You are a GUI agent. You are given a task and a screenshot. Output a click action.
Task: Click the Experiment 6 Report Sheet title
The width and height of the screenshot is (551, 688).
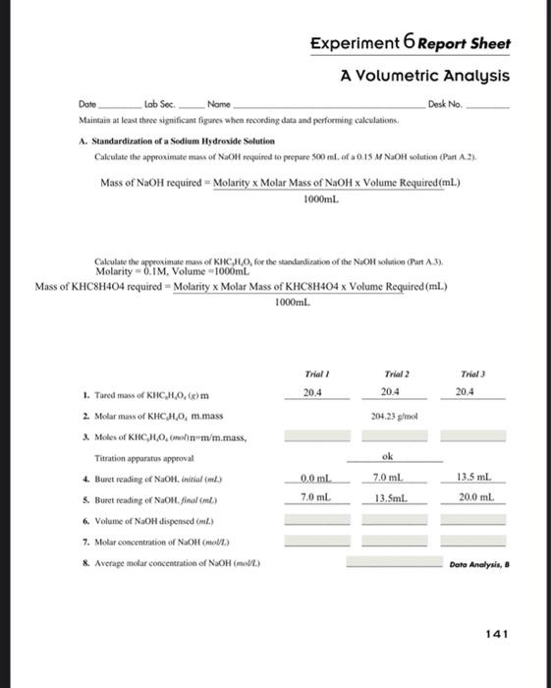pos(410,44)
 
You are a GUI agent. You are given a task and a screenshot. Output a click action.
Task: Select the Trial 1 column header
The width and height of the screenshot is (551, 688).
pos(314,373)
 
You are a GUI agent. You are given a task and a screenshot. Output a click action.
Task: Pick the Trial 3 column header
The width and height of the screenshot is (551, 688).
pos(473,373)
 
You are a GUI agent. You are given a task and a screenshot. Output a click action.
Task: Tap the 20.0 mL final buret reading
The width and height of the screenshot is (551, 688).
pos(473,497)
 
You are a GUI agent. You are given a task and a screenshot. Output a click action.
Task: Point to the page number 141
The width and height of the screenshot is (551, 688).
pos(497,634)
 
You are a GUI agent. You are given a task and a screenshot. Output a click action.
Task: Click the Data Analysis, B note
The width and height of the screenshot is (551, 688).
pos(476,564)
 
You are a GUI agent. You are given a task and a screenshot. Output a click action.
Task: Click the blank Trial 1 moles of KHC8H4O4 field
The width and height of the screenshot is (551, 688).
pos(314,435)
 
